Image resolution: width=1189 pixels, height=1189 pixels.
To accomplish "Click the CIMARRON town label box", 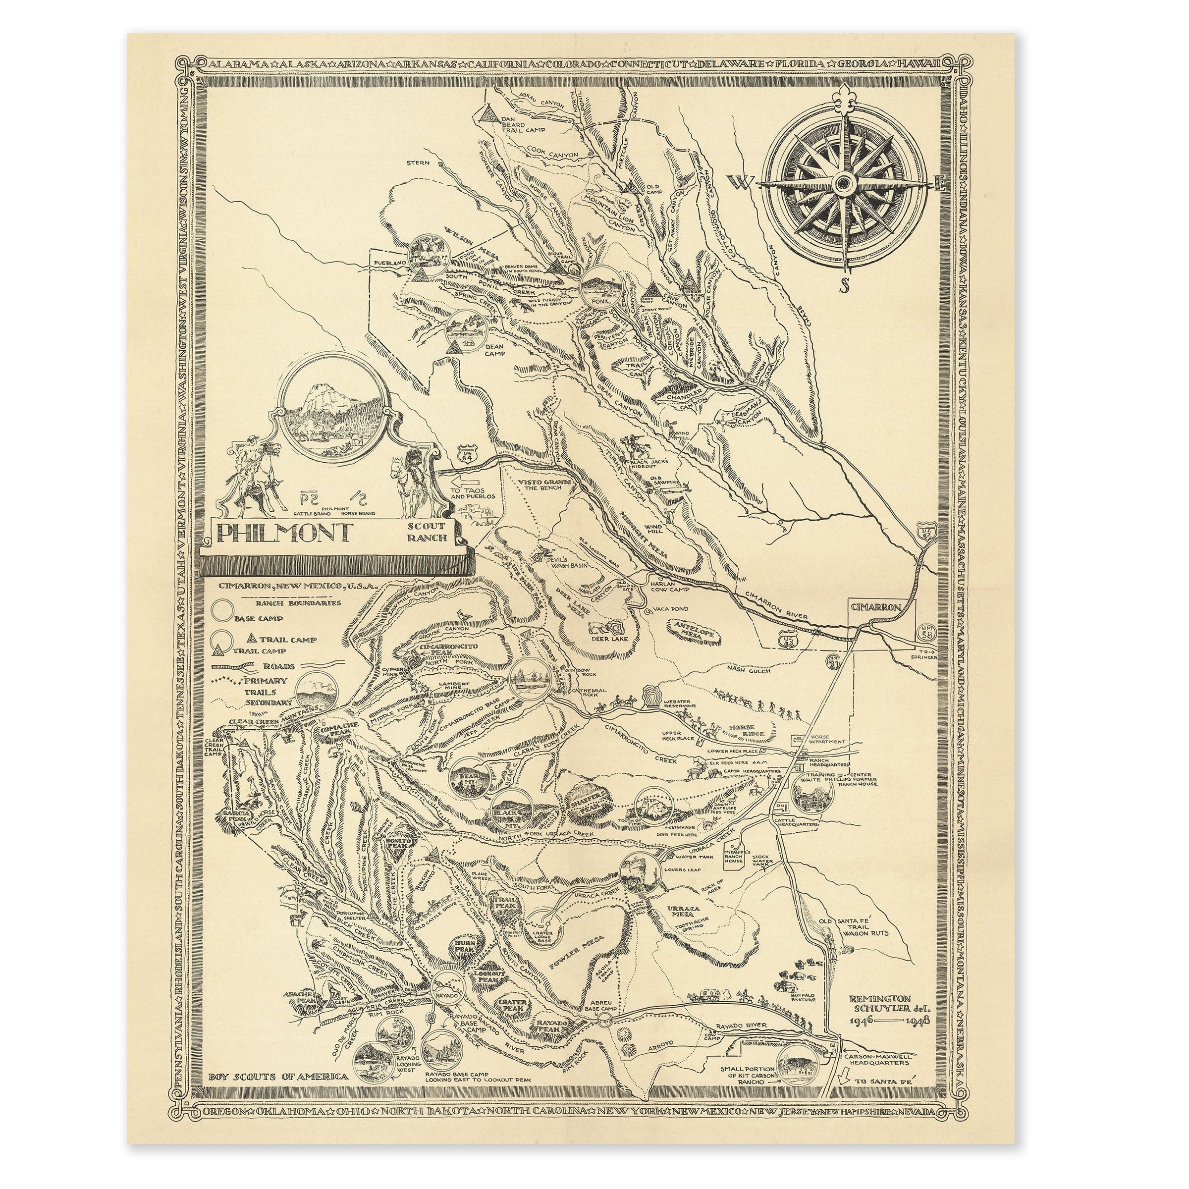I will [x=876, y=607].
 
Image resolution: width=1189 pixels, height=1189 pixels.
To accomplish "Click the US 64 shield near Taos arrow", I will [x=467, y=455].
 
